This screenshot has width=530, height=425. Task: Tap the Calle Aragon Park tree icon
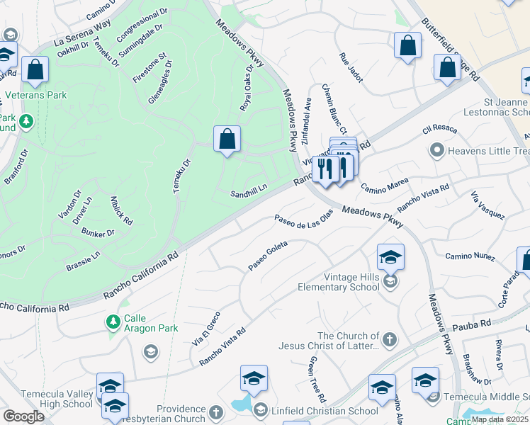(113, 323)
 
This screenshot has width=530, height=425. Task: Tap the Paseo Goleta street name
(267, 257)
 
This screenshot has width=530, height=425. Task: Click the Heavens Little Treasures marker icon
(437, 151)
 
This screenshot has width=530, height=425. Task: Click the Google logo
(23, 416)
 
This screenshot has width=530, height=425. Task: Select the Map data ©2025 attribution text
(500, 419)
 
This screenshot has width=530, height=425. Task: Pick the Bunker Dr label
(98, 233)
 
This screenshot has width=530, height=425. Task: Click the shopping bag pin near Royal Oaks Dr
(227, 139)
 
